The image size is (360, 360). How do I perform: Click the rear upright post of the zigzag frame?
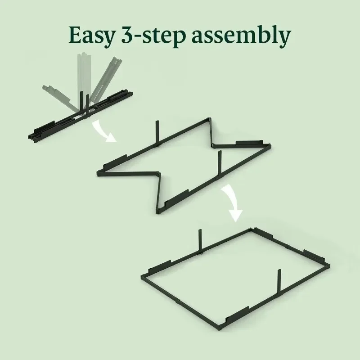[x=158, y=132]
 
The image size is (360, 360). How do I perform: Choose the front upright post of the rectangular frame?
[x=278, y=284]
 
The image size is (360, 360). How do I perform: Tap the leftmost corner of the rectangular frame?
[x=143, y=275]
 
